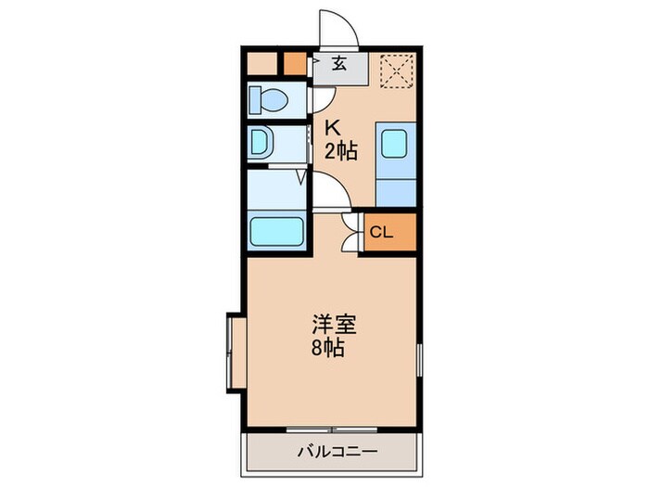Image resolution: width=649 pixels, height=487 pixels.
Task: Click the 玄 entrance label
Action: coord(339,64)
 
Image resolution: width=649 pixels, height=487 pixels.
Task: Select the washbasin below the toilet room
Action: coord(262,143)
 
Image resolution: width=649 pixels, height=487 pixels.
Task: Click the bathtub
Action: coord(276,230)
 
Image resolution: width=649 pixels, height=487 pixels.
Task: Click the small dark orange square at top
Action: coord(294,65)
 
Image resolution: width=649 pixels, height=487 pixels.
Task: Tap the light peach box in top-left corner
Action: coord(263,64)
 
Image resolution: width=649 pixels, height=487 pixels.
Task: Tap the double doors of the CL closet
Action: coord(350,232)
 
